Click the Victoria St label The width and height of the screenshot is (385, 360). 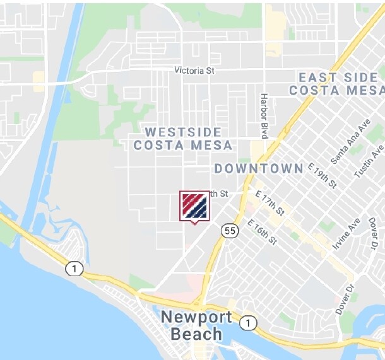point(192,71)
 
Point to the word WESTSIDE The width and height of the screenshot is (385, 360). point(183,132)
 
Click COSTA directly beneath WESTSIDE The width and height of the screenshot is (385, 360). point(158,145)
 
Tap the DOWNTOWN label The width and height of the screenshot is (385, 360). point(259,168)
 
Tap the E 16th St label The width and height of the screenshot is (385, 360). point(263,232)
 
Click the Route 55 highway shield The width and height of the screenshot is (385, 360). point(230,231)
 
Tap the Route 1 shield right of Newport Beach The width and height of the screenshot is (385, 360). point(249,323)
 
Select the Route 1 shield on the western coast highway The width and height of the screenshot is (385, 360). point(74,269)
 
